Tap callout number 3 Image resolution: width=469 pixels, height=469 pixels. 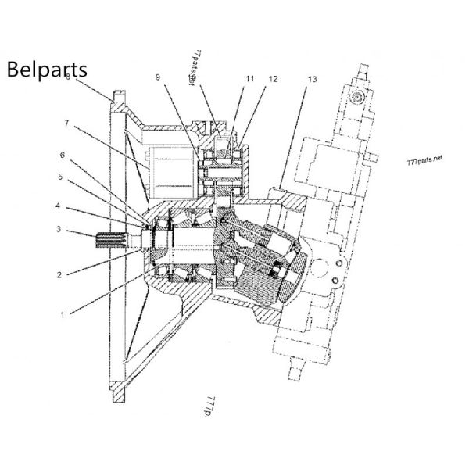58,229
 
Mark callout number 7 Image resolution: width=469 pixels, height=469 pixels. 67,123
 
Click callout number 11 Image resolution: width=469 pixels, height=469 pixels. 249,79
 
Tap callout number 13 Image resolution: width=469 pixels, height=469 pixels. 312,79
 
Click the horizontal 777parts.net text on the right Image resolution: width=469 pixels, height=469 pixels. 425,159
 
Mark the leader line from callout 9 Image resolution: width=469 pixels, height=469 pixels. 181,117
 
